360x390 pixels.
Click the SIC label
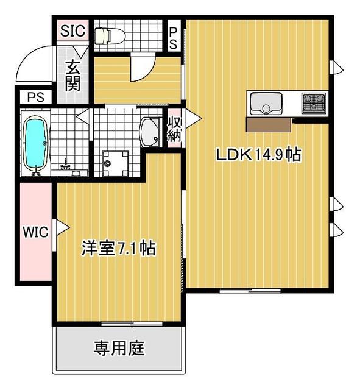click(x=73, y=30)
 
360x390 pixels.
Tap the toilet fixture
click(x=110, y=35)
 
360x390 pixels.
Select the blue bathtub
click(x=35, y=144)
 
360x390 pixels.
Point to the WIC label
click(x=35, y=232)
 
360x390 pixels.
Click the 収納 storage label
click(x=174, y=129)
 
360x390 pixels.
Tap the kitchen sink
click(x=266, y=104)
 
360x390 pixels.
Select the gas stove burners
click(x=314, y=103)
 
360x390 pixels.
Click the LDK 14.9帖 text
click(x=259, y=155)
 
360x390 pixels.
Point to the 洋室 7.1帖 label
click(x=119, y=248)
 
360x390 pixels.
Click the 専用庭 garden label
click(x=119, y=348)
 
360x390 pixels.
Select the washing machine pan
click(x=115, y=163)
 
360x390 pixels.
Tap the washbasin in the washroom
click(x=150, y=133)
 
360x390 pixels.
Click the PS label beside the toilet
click(x=173, y=38)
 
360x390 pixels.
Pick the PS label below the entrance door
click(x=36, y=97)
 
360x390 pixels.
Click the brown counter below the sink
click(x=269, y=124)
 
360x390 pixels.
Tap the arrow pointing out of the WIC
click(x=62, y=227)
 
